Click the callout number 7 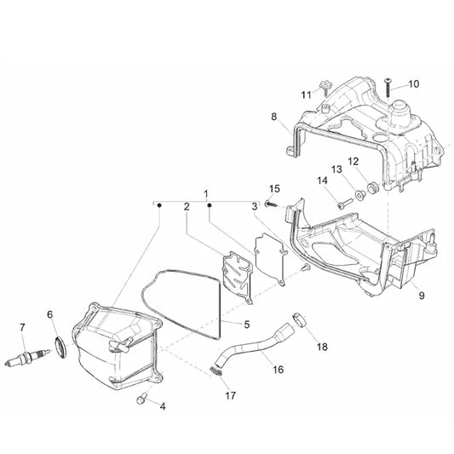[22, 327]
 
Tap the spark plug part [27, 357]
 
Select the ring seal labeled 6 [60, 347]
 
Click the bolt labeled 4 [142, 399]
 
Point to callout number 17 [231, 395]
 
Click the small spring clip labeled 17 [216, 371]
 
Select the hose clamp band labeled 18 [301, 319]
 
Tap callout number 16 [279, 370]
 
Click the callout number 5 [247, 325]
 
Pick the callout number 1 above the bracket [206, 193]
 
